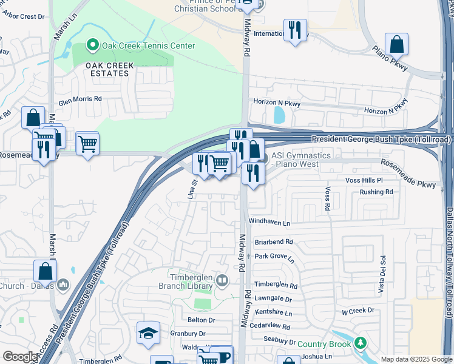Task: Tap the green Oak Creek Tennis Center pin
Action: (93, 45)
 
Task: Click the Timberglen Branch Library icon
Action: (222, 280)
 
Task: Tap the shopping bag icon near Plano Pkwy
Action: (396, 44)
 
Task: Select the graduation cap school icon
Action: (148, 333)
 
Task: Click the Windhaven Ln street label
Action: (269, 223)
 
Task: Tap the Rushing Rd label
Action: (376, 192)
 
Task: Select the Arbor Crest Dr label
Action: (24, 16)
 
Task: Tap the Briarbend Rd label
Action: (274, 241)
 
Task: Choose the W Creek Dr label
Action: (358, 311)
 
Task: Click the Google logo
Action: (20, 357)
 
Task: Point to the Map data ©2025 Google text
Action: (416, 359)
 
